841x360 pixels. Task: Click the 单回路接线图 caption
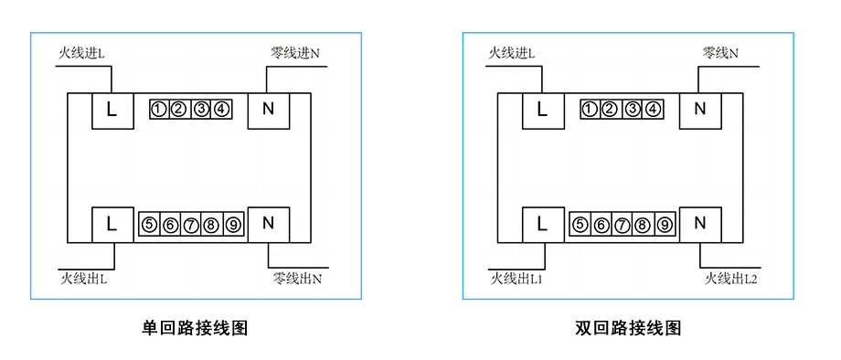tap(195, 328)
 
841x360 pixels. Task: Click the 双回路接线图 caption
tap(628, 328)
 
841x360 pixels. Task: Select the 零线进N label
tap(295, 54)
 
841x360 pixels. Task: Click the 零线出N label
tap(296, 277)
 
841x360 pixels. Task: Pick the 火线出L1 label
tap(516, 277)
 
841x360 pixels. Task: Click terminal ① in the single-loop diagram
tap(158, 111)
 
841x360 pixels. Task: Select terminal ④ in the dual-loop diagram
tap(652, 111)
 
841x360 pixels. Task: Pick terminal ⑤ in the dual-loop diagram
tap(580, 225)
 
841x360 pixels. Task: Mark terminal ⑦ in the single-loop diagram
tap(190, 225)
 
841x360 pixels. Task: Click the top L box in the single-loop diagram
tap(112, 111)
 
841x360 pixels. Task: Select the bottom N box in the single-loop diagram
tap(269, 224)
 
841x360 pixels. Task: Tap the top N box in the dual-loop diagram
tap(700, 111)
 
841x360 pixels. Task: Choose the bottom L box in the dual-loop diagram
tap(543, 224)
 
